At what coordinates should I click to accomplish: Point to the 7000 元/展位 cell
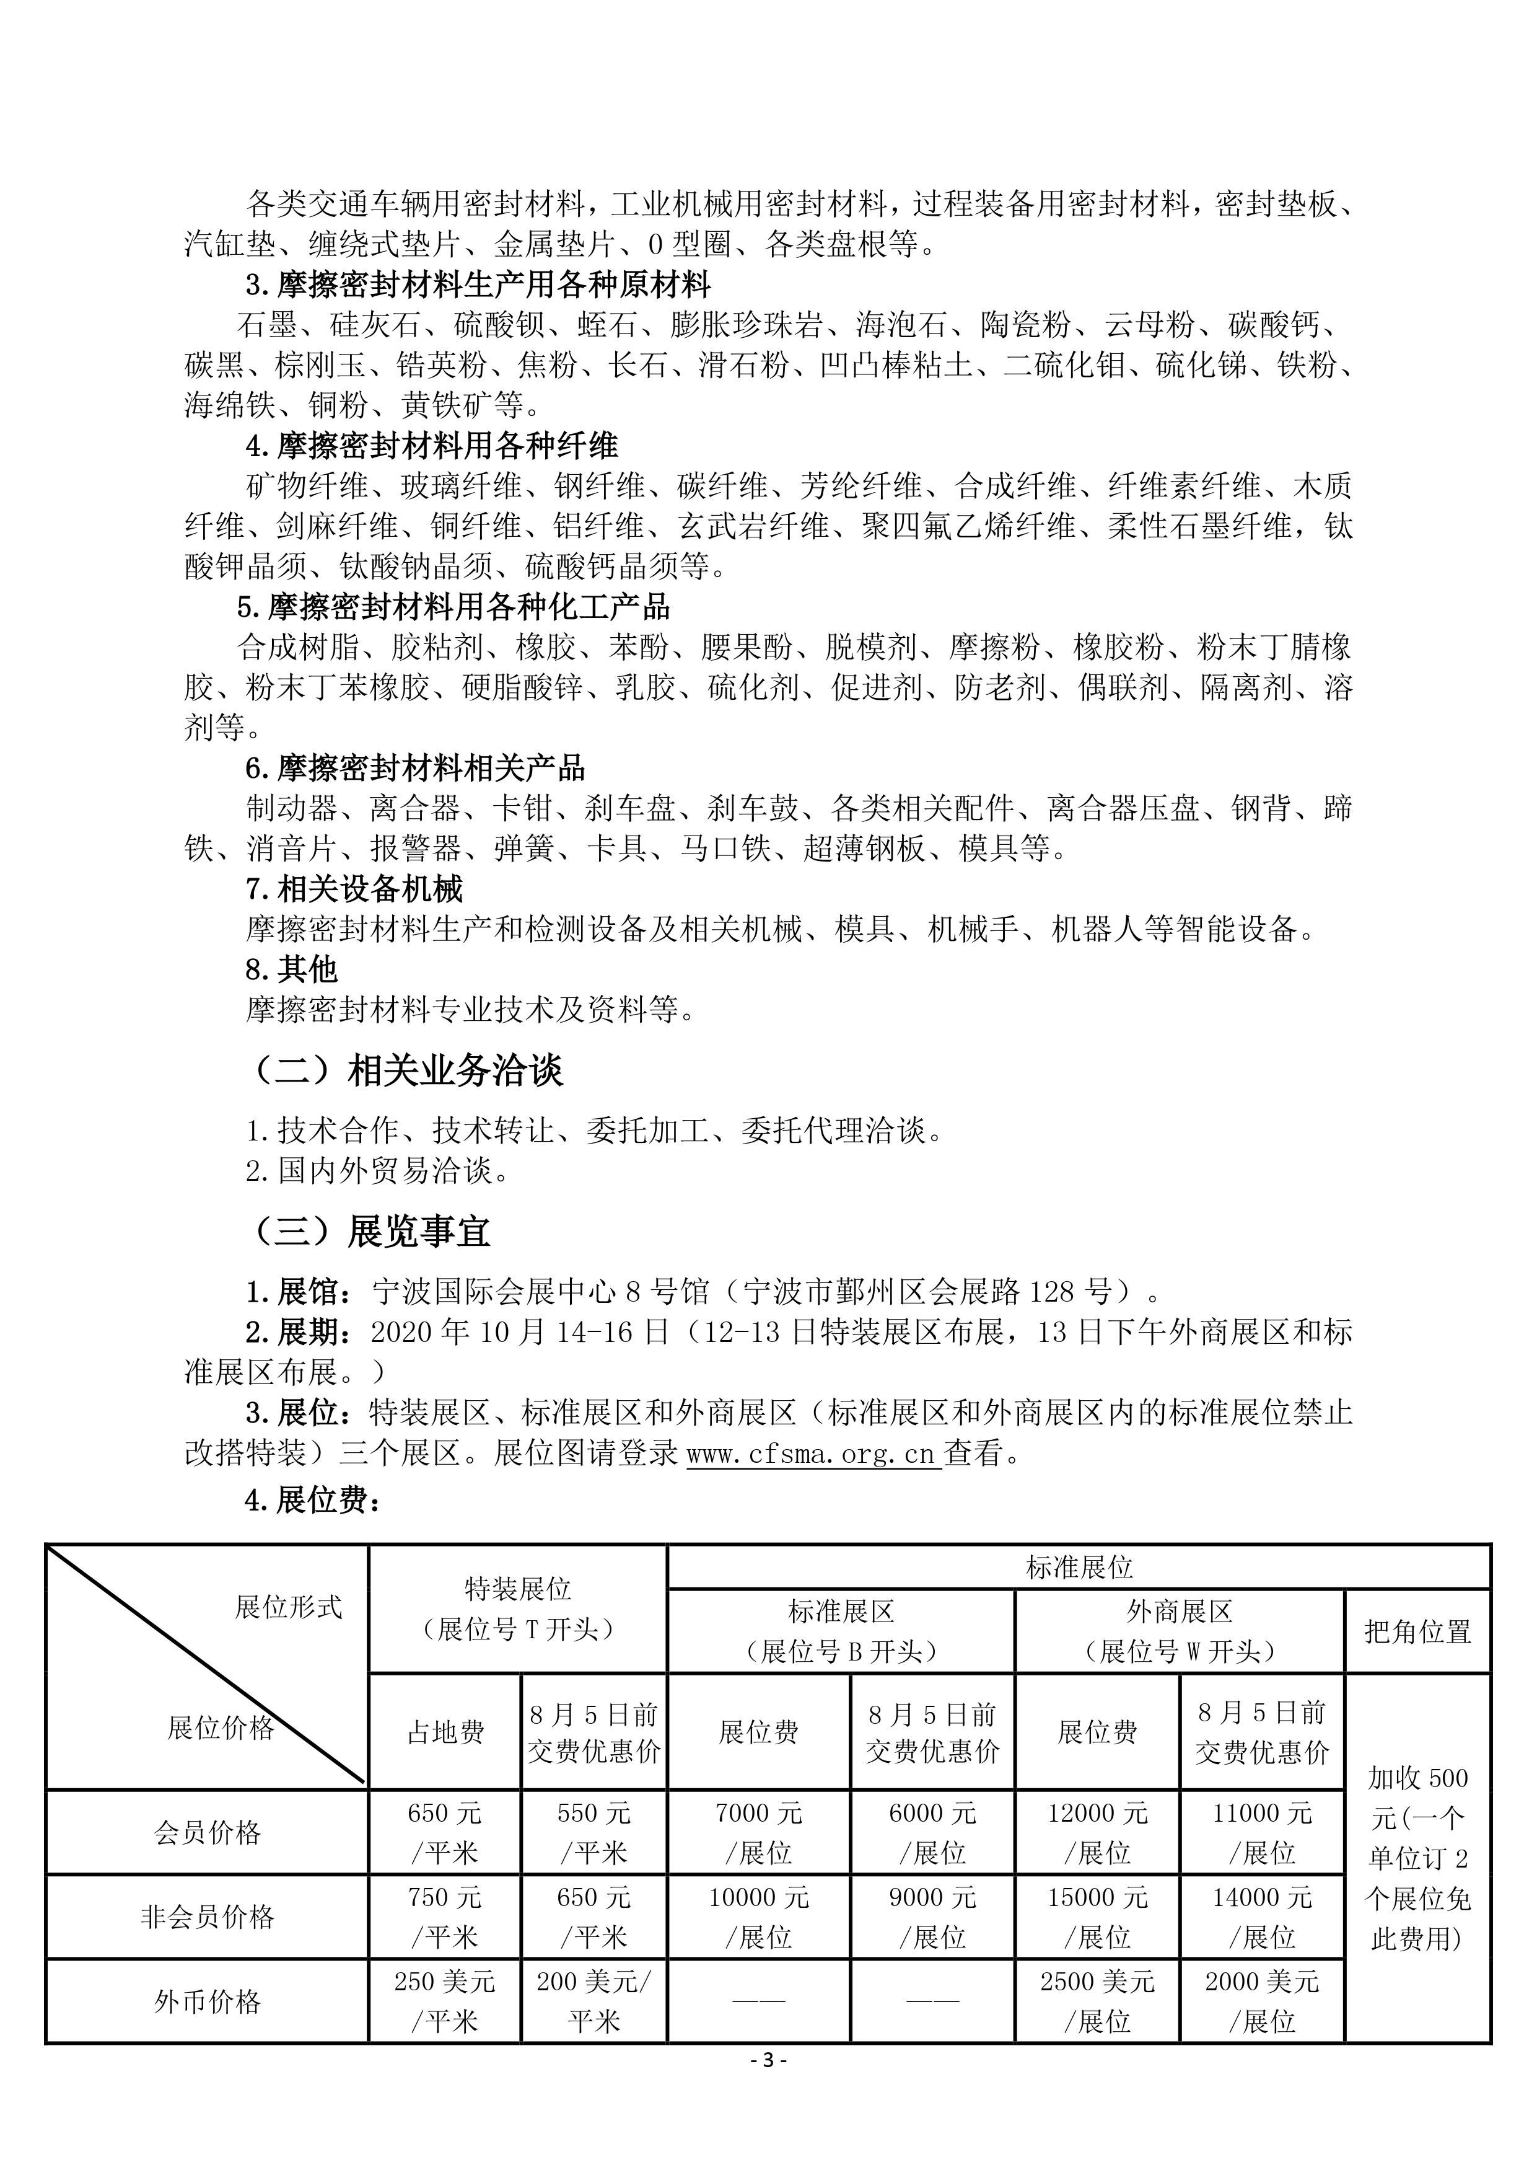(x=758, y=1832)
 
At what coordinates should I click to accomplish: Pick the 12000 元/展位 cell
(x=1097, y=1832)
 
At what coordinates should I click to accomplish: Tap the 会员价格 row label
(x=206, y=1832)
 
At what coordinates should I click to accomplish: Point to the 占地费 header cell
(x=445, y=1732)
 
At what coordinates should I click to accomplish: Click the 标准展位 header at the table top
(x=1079, y=1568)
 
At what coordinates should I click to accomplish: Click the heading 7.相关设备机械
(x=354, y=889)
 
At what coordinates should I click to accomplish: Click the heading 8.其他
(x=292, y=969)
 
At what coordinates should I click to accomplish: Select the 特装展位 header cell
(x=517, y=1608)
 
